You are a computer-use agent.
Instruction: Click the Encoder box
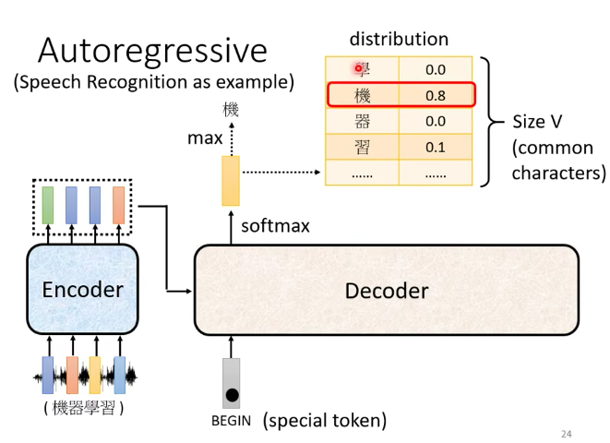pyautogui.click(x=82, y=290)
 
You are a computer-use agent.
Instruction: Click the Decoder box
pyautogui.click(x=386, y=292)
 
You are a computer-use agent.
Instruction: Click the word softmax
pyautogui.click(x=275, y=226)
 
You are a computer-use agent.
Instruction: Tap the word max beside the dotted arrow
pyautogui.click(x=205, y=139)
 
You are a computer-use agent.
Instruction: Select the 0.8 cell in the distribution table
pyautogui.click(x=436, y=95)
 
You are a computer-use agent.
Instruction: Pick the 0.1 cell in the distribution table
pyautogui.click(x=436, y=147)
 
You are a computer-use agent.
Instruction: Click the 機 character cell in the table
pyautogui.click(x=362, y=95)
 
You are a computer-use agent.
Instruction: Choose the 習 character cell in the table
pyautogui.click(x=362, y=147)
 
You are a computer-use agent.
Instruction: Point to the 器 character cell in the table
pyautogui.click(x=362, y=121)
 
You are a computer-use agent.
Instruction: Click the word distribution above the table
pyautogui.click(x=399, y=39)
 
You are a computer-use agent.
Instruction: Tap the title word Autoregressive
pyautogui.click(x=152, y=51)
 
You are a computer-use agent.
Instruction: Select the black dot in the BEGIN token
pyautogui.click(x=232, y=396)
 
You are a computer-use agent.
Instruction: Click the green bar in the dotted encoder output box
pyautogui.click(x=48, y=205)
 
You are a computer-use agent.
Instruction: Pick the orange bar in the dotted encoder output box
pyautogui.click(x=118, y=205)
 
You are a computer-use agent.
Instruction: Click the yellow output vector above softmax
pyautogui.click(x=230, y=181)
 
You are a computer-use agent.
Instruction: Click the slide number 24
pyautogui.click(x=567, y=433)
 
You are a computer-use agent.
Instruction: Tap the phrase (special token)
pyautogui.click(x=324, y=422)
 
